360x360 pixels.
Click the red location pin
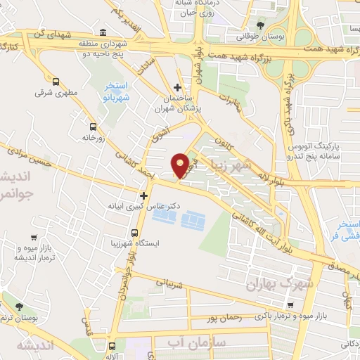tap(180, 165)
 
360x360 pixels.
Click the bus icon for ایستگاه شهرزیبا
tap(134, 232)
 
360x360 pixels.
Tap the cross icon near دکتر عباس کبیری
tap(144, 195)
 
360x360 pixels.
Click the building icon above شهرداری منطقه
tap(103, 33)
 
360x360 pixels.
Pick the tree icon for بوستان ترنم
tap(19, 307)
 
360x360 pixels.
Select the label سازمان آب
tap(187, 343)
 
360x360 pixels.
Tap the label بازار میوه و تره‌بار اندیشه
tap(34, 256)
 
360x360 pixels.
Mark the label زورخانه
tap(91, 139)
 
